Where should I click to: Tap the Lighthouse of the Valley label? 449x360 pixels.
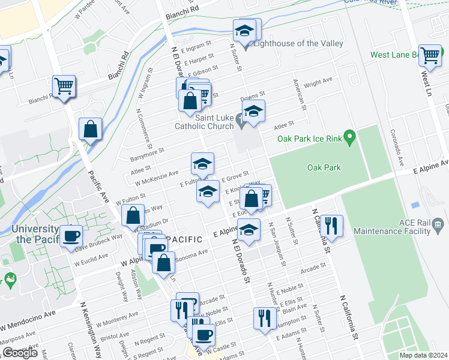298,43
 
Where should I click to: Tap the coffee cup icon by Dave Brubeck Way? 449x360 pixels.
71,235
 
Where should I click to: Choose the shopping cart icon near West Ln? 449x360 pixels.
430,55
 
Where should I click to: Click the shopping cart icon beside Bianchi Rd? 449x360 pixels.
63,86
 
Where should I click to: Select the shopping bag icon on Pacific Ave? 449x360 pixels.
90,128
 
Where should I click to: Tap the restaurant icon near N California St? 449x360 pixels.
331,225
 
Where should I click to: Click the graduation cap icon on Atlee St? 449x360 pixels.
203,163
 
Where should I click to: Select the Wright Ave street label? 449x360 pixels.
318,82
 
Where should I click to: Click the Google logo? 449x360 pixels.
20,353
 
